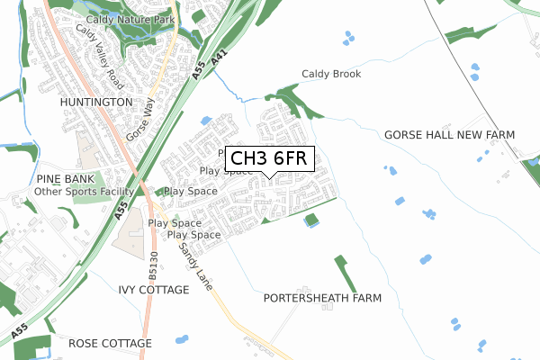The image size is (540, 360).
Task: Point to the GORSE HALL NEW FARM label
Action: [449, 134]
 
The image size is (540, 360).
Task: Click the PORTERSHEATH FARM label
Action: [323, 297]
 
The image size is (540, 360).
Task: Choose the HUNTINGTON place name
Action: [96, 103]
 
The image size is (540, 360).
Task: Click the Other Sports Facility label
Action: [84, 192]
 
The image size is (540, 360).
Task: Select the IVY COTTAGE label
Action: [154, 290]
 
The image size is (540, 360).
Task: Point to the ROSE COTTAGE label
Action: [110, 344]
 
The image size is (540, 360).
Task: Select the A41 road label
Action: [217, 66]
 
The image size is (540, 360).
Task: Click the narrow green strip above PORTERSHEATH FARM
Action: [341, 273]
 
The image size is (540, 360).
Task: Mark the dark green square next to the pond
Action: [311, 219]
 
